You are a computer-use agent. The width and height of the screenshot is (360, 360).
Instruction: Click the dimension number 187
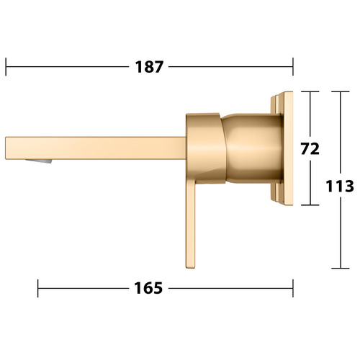coord(149,67)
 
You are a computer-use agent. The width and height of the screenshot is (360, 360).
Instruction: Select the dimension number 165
coord(148,288)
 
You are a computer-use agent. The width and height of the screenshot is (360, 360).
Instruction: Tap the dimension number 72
coord(310,149)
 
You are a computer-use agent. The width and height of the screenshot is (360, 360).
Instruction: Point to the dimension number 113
coord(340,186)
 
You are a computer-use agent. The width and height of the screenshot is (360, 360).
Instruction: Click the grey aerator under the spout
coord(39,161)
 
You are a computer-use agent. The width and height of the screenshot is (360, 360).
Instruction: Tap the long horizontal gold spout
coord(96,148)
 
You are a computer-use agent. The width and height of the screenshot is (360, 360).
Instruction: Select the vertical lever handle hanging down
coord(191,225)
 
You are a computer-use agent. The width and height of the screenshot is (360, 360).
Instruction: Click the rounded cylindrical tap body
coord(252,148)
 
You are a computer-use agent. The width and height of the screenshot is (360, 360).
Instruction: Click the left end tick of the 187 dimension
coord(6,67)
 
